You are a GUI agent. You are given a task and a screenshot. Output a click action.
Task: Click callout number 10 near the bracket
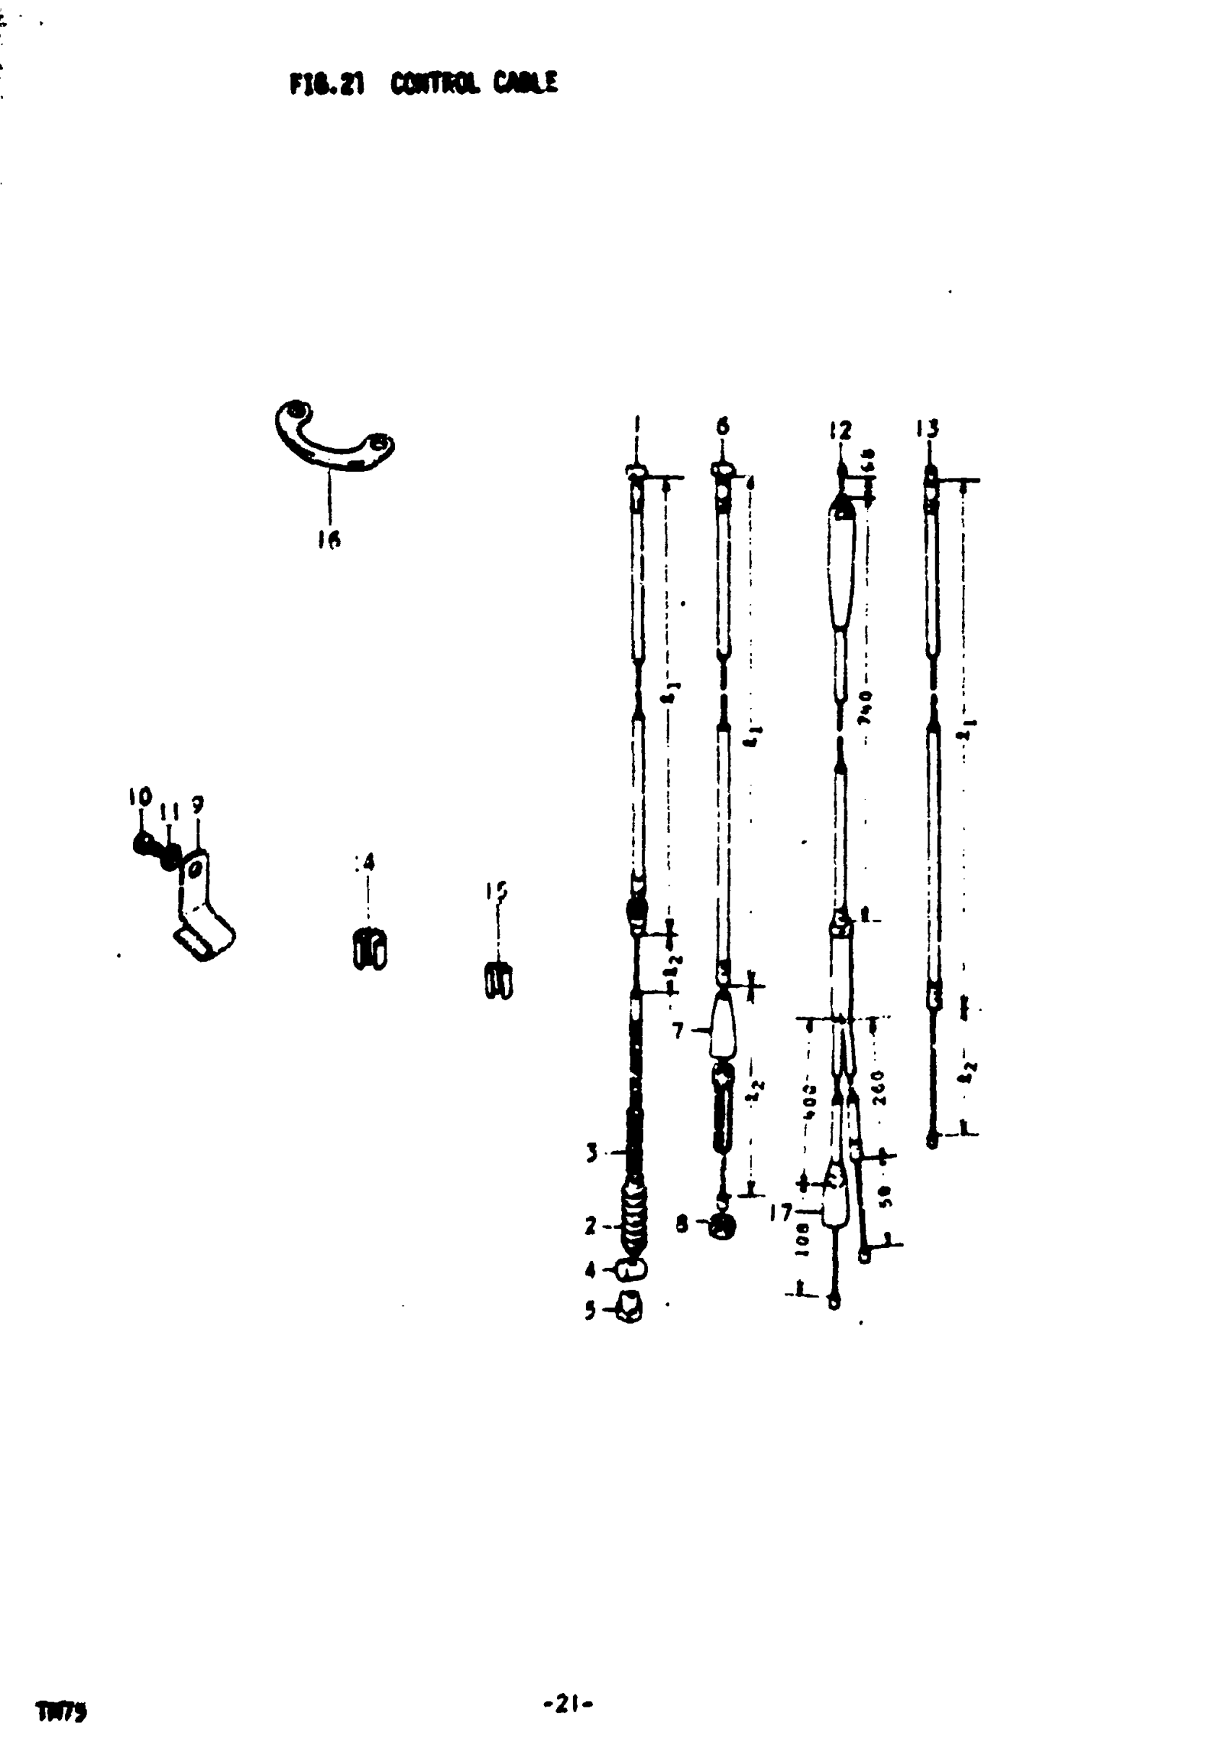click(x=140, y=797)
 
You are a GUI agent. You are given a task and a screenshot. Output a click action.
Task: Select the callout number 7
click(x=678, y=1031)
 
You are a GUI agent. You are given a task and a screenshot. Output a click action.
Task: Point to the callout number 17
click(x=780, y=1212)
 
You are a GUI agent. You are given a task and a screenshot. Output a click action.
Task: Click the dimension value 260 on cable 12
click(x=878, y=1088)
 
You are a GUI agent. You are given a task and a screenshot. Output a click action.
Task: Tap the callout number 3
click(x=591, y=1153)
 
